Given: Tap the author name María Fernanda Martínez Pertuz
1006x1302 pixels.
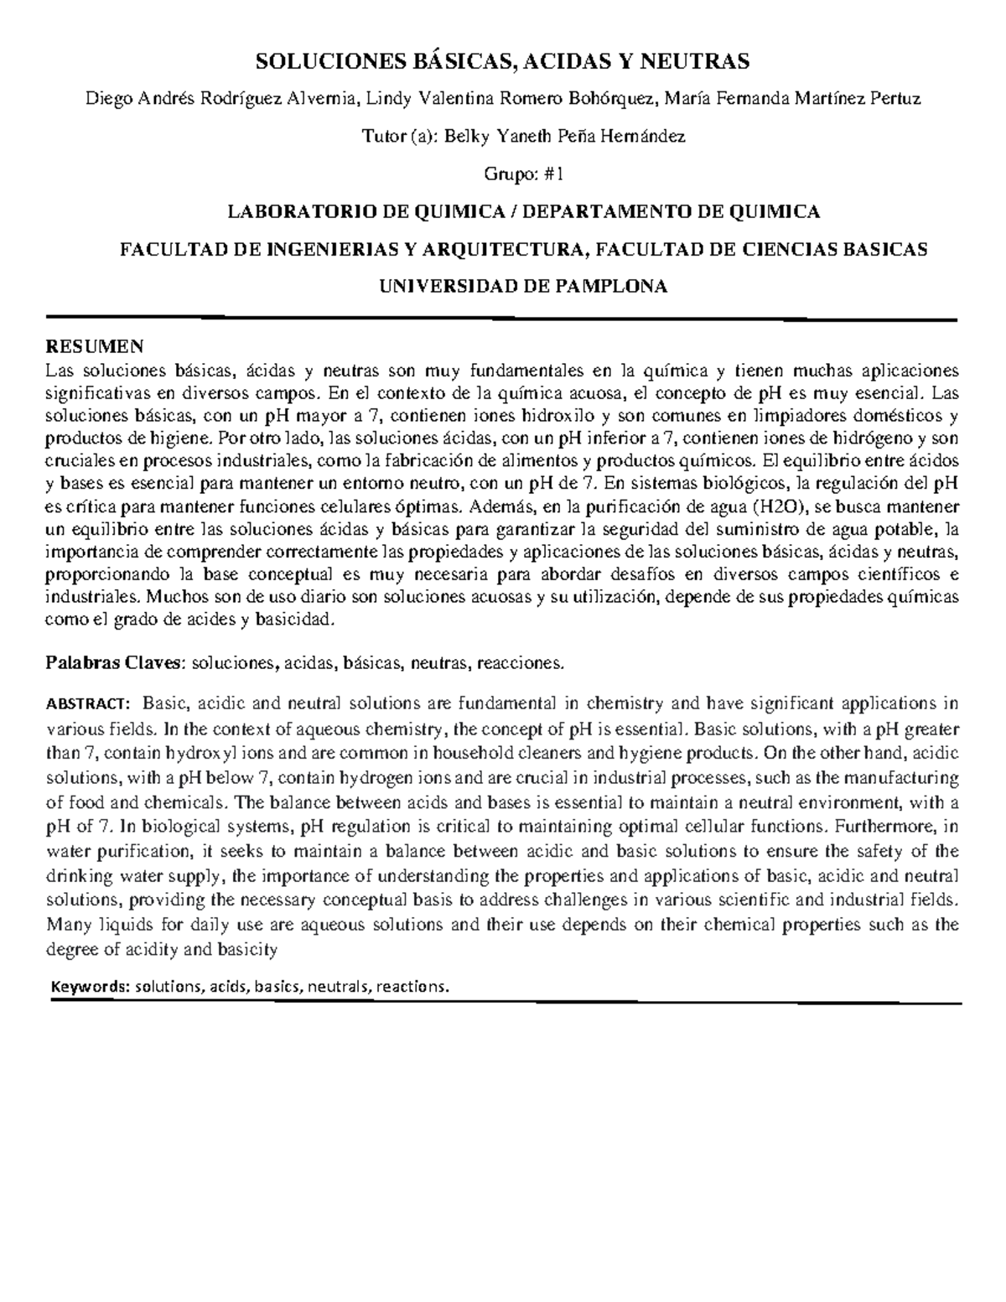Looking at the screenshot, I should (792, 99).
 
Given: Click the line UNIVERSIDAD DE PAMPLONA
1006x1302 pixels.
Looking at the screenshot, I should (524, 287).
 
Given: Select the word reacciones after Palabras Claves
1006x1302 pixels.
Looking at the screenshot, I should (520, 663).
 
